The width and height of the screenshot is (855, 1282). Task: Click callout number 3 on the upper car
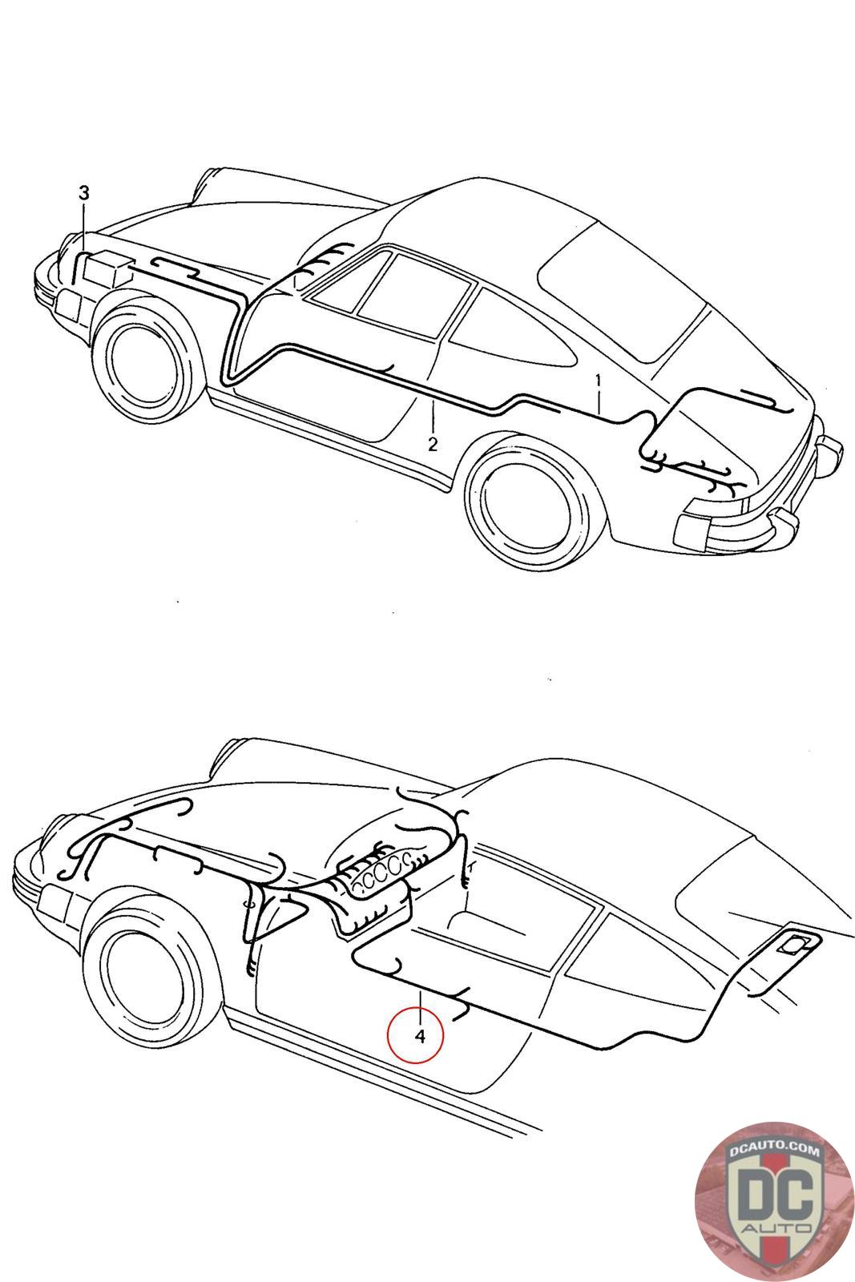pyautogui.click(x=84, y=193)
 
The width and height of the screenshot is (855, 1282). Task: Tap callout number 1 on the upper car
pyautogui.click(x=599, y=380)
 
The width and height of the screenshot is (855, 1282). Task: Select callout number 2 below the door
pyautogui.click(x=433, y=444)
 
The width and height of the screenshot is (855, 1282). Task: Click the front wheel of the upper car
pyautogui.click(x=150, y=362)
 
